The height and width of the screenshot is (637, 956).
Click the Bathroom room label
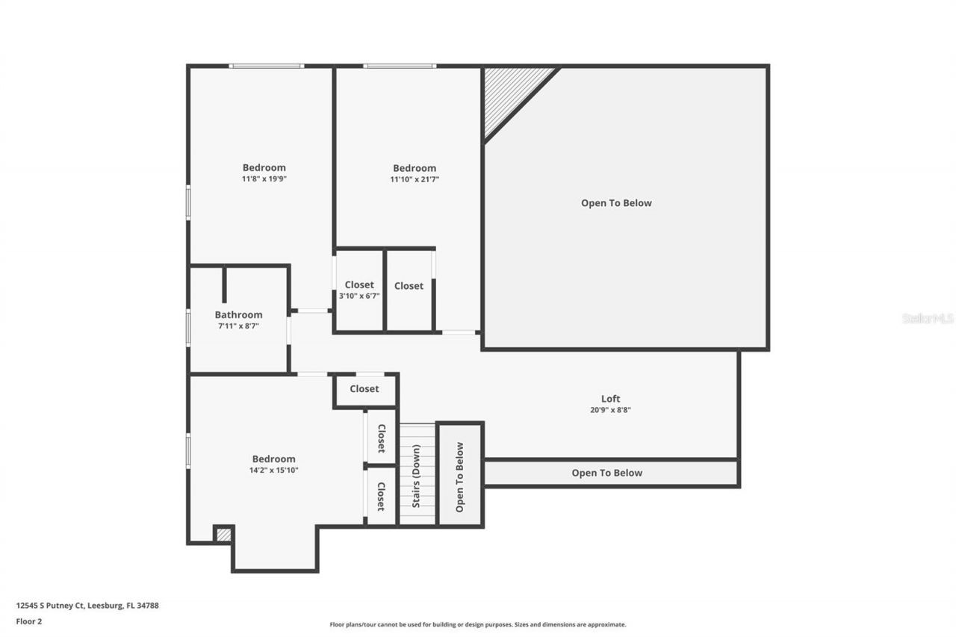pyautogui.click(x=238, y=315)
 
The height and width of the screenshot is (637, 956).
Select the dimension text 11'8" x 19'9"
pyautogui.click(x=264, y=179)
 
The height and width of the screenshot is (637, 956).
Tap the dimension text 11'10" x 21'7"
pyautogui.click(x=415, y=179)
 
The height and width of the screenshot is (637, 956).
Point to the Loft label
pyautogui.click(x=610, y=399)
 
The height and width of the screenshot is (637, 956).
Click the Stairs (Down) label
pyautogui.click(x=417, y=475)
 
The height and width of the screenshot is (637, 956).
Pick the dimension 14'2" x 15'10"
pyautogui.click(x=273, y=470)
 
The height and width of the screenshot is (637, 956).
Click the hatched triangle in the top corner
pyautogui.click(x=508, y=93)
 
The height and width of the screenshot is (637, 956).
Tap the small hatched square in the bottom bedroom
pyautogui.click(x=223, y=535)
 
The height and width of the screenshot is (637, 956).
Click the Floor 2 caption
pyautogui.click(x=28, y=621)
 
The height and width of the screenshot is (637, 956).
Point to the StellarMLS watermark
pyautogui.click(x=928, y=318)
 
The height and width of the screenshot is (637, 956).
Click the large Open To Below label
pyautogui.click(x=616, y=203)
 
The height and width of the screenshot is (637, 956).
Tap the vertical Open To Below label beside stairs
pyautogui.click(x=459, y=476)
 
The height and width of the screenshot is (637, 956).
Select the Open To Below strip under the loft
pyautogui.click(x=606, y=473)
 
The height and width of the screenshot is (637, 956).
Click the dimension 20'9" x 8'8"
pyautogui.click(x=610, y=410)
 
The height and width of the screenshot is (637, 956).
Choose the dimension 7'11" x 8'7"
pyautogui.click(x=238, y=326)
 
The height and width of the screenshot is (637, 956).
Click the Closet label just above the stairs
pyautogui.click(x=364, y=389)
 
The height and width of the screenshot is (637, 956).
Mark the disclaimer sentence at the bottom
pyautogui.click(x=478, y=624)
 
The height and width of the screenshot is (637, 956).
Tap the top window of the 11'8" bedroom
pyautogui.click(x=266, y=66)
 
